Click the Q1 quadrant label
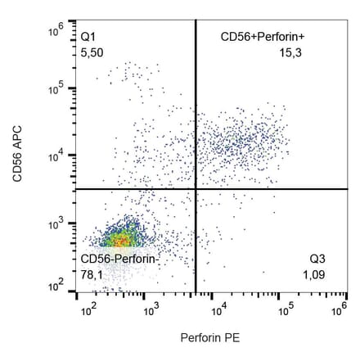coord(88,37)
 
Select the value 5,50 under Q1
coord(91,52)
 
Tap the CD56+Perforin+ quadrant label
coord(256,37)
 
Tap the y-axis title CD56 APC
coord(16,156)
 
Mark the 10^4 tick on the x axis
coord(218,310)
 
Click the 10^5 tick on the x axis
coord(284,310)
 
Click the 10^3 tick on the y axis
coord(56,223)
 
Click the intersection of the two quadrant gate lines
coord(196,189)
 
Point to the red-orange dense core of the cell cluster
coord(119,241)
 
